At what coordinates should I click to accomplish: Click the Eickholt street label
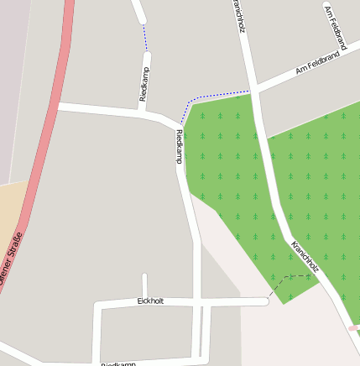[150, 301]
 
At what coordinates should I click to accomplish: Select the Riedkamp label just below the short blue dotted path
[144, 83]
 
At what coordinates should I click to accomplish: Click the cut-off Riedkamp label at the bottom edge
[118, 363]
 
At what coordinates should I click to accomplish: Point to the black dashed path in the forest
[290, 278]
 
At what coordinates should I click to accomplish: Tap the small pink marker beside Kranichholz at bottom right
[352, 327]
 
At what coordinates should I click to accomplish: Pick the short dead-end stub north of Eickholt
[144, 285]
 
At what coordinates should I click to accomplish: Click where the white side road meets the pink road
[57, 107]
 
